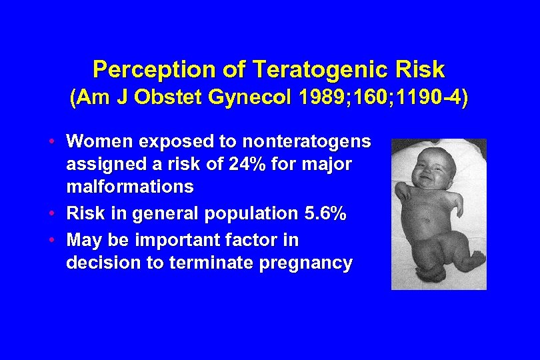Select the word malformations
coord(130,187)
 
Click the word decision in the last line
coord(98,263)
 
